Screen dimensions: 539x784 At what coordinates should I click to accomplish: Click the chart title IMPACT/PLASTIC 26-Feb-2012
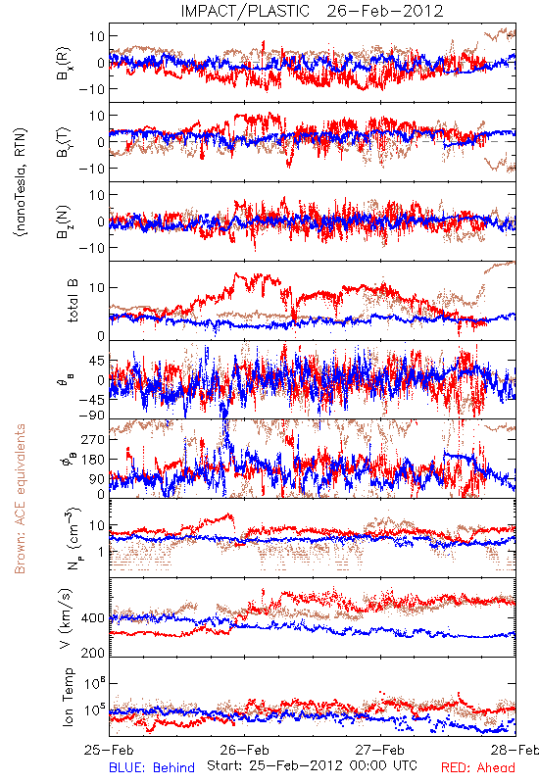(x=312, y=11)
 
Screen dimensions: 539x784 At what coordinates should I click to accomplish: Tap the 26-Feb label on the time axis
(x=244, y=750)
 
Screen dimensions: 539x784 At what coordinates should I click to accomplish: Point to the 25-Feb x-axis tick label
(x=109, y=750)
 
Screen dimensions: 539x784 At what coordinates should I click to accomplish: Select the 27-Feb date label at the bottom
(x=380, y=750)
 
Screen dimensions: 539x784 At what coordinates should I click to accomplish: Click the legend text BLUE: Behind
(x=152, y=767)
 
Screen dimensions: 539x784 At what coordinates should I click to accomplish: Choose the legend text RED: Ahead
(x=478, y=767)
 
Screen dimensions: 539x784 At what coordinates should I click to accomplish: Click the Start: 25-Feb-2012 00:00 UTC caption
(x=312, y=765)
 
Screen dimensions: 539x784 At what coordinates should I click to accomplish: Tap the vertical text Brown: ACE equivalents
(x=20, y=499)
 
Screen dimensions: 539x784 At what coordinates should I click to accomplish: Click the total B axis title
(x=73, y=301)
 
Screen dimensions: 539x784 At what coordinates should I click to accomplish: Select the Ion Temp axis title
(x=68, y=697)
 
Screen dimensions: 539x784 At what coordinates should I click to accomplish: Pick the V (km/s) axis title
(x=67, y=618)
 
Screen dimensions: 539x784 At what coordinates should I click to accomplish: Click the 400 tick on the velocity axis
(x=93, y=618)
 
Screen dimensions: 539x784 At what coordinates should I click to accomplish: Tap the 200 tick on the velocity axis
(x=93, y=653)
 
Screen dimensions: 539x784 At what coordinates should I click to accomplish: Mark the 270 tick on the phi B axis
(x=93, y=439)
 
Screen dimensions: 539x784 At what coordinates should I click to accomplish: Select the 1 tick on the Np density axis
(x=102, y=552)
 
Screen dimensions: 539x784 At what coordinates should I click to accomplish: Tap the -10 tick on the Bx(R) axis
(x=91, y=89)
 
